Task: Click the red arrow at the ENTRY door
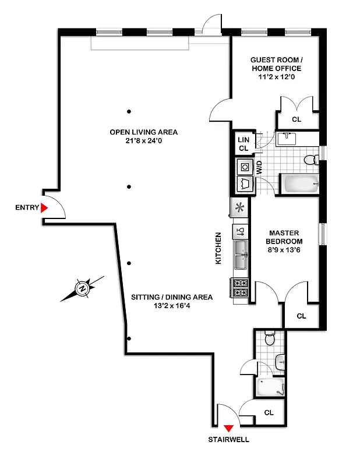pos(44,207)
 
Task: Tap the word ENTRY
pos(27,207)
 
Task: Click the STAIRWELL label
pos(228,440)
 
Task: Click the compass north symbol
pos(82,288)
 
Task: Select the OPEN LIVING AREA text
pos(143,132)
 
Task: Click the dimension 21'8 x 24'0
pos(143,141)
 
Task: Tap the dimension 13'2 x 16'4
pos(171,306)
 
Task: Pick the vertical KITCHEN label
pos(219,249)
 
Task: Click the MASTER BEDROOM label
pos(284,237)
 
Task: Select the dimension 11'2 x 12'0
pos(276,77)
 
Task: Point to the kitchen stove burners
pos(241,288)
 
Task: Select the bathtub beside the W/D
pos(299,185)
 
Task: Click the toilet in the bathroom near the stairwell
pos(269,338)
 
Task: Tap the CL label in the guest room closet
pos(296,119)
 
